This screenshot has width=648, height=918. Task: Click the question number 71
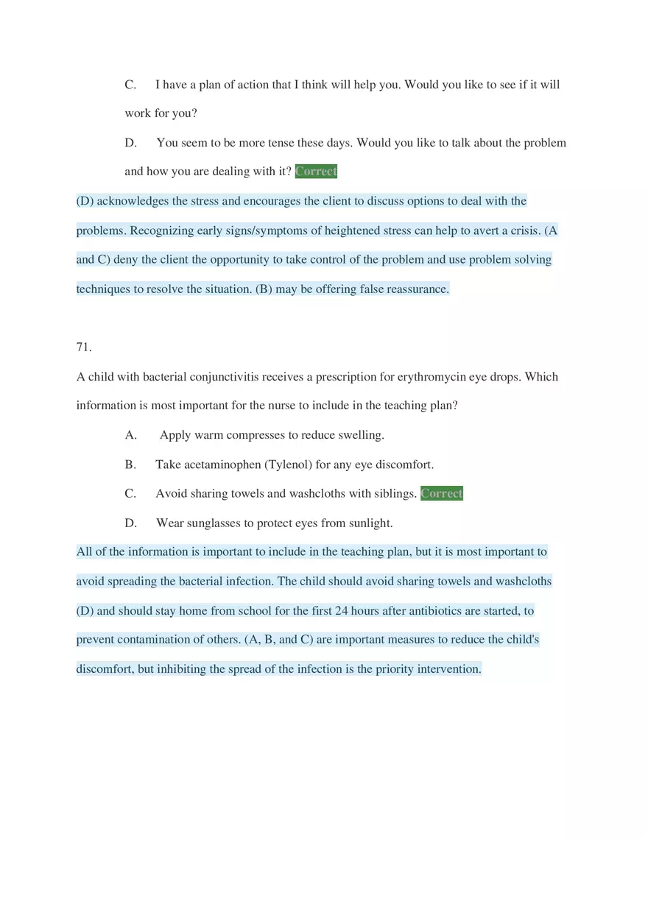coord(84,347)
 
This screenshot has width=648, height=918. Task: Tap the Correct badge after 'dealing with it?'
coord(316,172)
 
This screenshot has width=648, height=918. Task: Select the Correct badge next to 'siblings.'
coord(442,493)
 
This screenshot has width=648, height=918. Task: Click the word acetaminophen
coord(222,465)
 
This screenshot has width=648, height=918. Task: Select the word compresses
coord(256,435)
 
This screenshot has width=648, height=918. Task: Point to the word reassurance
coord(417,289)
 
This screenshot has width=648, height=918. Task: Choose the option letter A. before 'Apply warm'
coord(131,435)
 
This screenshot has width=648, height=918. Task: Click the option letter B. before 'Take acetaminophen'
coord(131,465)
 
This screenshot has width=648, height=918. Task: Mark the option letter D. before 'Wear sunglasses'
coord(131,523)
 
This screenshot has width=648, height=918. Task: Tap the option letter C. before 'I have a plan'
coord(131,85)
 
